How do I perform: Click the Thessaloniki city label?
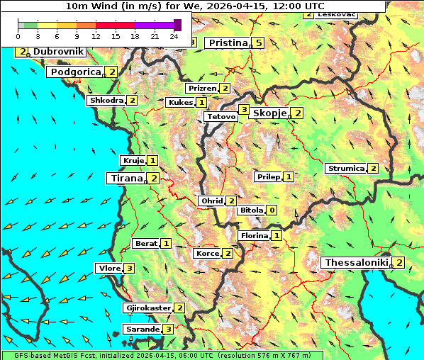pyautogui.click(x=356, y=263)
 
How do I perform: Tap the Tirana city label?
pyautogui.click(x=125, y=179)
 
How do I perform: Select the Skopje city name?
pyautogui.click(x=269, y=113)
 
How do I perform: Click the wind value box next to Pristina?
pyautogui.click(x=259, y=43)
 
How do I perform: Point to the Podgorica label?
pyautogui.click(x=75, y=72)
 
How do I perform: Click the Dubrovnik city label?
pyautogui.click(x=58, y=52)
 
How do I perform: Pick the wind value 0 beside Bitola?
pyautogui.click(x=271, y=210)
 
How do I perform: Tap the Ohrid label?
pyautogui.click(x=212, y=201)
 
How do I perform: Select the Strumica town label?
pyautogui.click(x=345, y=169)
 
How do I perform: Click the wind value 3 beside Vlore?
pyautogui.click(x=129, y=269)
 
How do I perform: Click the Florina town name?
pyautogui.click(x=254, y=235)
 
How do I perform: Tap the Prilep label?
pyautogui.click(x=268, y=176)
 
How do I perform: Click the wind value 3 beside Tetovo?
pyautogui.click(x=243, y=110)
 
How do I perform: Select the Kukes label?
pyautogui.click(x=180, y=103)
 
